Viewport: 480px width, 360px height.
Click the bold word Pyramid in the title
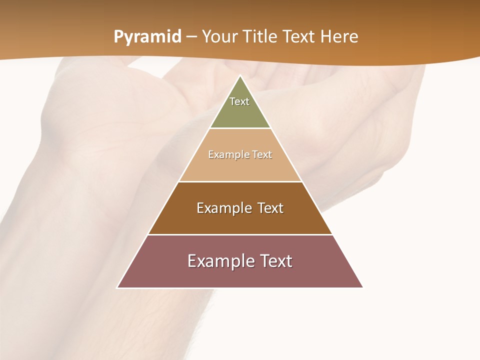coord(147,37)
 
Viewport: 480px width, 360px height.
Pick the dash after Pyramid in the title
coord(191,37)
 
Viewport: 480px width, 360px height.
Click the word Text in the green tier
coord(239,101)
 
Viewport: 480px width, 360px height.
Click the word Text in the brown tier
coord(270,208)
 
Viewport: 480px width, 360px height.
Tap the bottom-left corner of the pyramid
coord(117,287)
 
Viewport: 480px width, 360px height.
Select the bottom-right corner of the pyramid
coord(362,287)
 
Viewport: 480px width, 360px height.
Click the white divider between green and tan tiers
coord(240,128)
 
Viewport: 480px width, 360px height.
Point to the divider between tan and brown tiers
coord(240,181)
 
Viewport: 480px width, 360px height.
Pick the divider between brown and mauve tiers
coord(240,234)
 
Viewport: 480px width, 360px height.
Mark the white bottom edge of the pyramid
coord(240,288)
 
